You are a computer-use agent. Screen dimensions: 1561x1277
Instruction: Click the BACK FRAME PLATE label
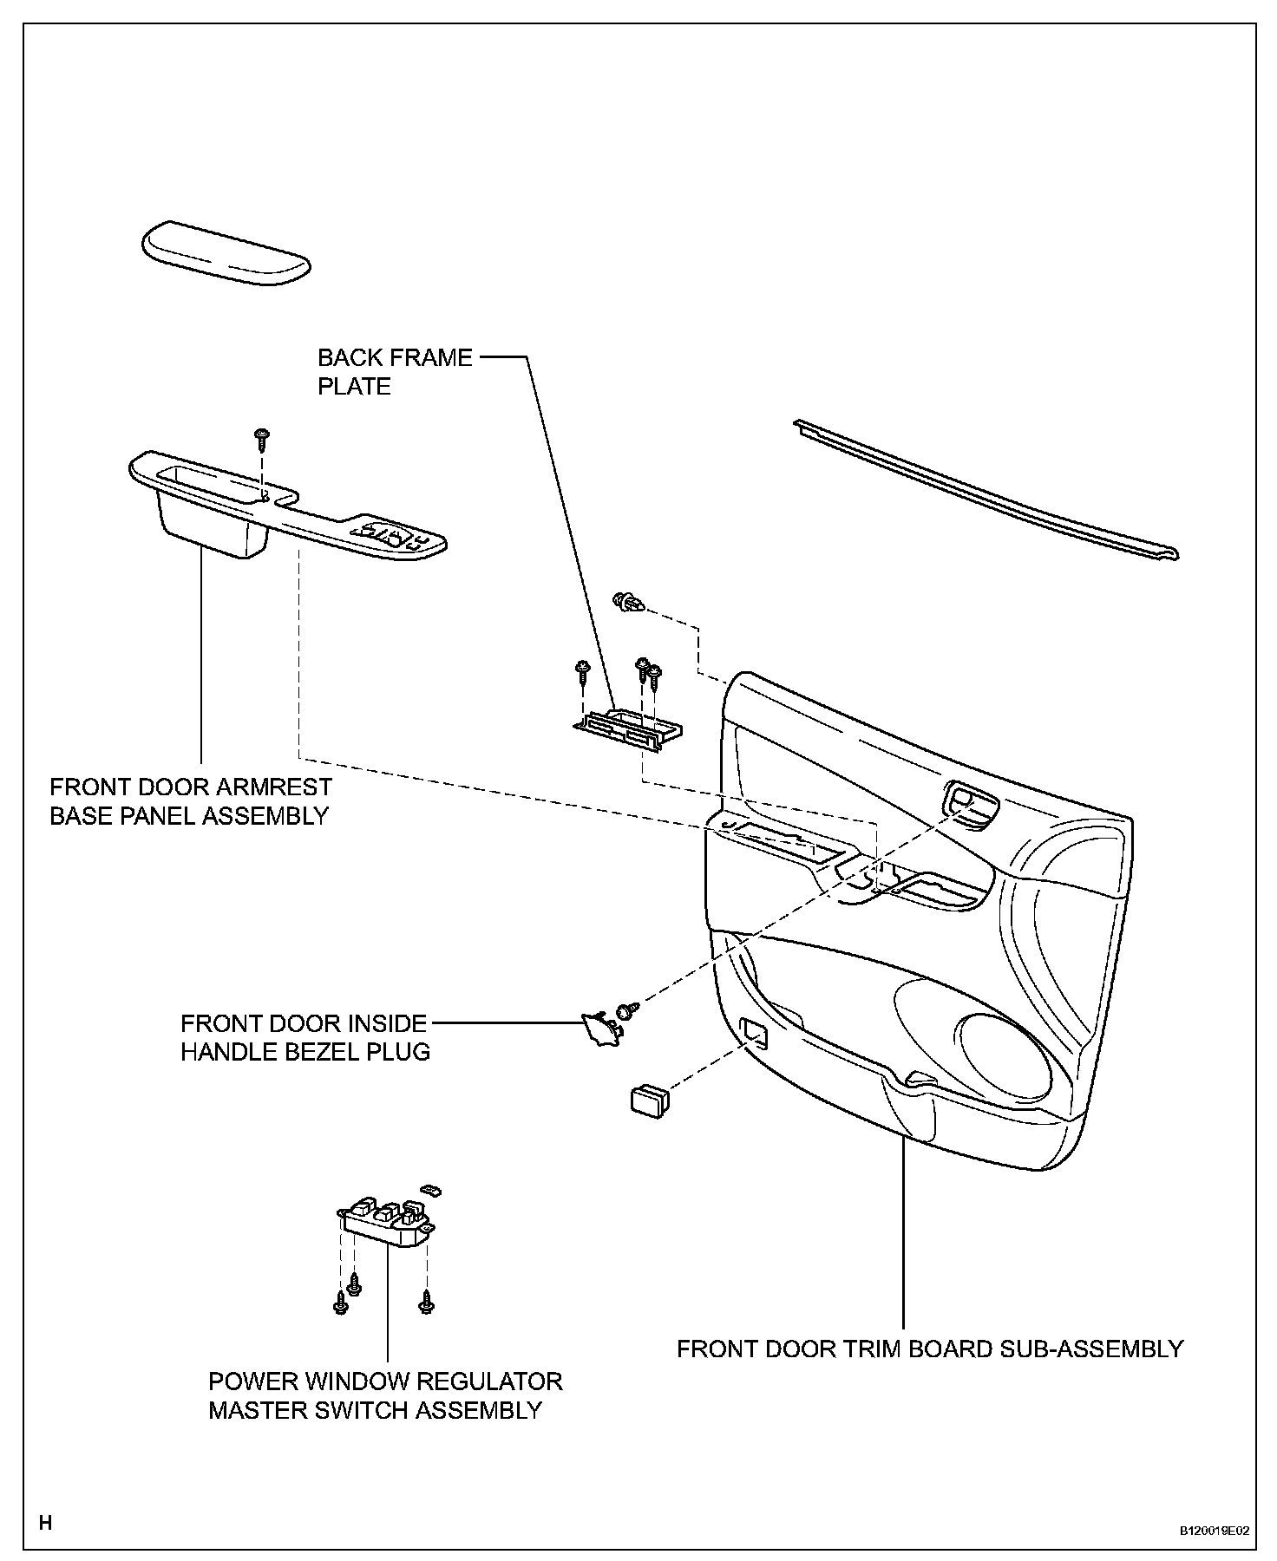coord(395,371)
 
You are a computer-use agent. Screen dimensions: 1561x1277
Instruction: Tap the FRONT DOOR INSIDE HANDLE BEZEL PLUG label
coord(305,1037)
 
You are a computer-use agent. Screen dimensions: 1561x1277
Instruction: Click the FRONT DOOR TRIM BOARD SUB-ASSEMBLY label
coord(930,1349)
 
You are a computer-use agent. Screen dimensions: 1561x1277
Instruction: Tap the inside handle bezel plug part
coord(598,1026)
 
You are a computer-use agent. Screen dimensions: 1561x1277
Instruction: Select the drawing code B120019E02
coord(1214,1532)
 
